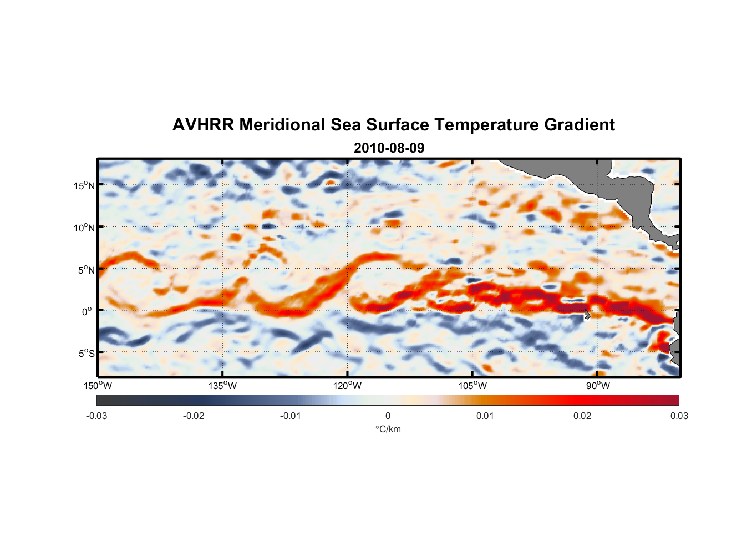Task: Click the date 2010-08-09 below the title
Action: coord(389,148)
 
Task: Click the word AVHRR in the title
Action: coord(203,125)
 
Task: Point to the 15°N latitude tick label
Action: coord(84,185)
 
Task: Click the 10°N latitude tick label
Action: coord(84,228)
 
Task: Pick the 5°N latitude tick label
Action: coord(87,270)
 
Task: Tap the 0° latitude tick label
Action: coord(88,312)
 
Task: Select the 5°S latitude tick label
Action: coord(87,354)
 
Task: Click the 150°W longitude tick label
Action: coord(98,386)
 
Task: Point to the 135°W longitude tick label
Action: coord(223,386)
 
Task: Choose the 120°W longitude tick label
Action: coord(348,386)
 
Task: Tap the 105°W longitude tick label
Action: coord(472,386)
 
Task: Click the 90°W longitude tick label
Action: coord(598,386)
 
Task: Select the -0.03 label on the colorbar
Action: coord(96,416)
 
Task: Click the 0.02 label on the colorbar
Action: coord(582,416)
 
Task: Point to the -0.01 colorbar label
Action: coord(291,416)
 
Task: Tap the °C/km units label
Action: coord(388,429)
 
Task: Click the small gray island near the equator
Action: coord(587,314)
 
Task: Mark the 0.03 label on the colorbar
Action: coord(679,416)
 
